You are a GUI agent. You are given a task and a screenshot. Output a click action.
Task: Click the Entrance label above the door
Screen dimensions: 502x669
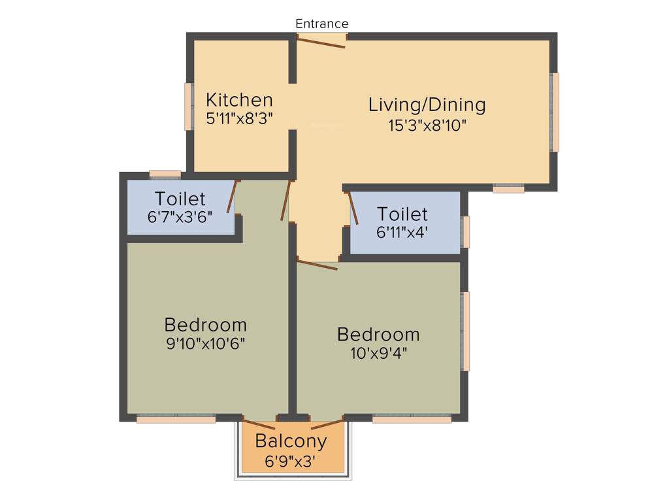[x=322, y=24]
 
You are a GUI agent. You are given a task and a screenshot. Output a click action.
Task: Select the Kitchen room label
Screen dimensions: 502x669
[x=239, y=100]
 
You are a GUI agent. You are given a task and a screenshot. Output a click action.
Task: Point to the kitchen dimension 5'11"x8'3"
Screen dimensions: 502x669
[x=239, y=118]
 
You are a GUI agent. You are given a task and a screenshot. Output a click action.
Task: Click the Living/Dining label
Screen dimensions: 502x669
[x=427, y=105]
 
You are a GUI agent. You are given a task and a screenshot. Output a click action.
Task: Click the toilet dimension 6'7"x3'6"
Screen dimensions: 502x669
[x=180, y=217]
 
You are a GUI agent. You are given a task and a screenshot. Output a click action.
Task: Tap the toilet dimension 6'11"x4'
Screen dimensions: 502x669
[x=403, y=231]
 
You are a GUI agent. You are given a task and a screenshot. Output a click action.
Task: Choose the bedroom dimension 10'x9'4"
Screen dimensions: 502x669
[x=378, y=353]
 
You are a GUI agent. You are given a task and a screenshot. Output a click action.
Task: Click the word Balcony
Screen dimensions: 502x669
[x=291, y=441]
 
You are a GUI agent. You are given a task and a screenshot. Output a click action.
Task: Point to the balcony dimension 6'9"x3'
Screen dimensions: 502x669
[x=291, y=460]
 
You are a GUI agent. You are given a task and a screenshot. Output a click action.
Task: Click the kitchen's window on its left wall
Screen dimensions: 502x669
[x=188, y=107]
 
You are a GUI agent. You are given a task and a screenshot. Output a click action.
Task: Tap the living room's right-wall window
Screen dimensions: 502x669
[x=555, y=112]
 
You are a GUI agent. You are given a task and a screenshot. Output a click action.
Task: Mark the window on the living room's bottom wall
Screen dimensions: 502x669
[x=508, y=189]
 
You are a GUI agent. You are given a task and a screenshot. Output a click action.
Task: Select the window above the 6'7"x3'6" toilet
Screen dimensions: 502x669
[x=165, y=174]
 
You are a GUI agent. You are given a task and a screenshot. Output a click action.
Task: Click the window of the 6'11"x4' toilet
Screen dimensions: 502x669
[x=466, y=232]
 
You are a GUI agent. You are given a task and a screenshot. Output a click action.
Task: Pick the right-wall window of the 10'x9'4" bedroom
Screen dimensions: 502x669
[x=466, y=331]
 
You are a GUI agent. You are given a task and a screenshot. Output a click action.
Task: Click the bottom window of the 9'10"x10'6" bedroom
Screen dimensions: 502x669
[x=176, y=419]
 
